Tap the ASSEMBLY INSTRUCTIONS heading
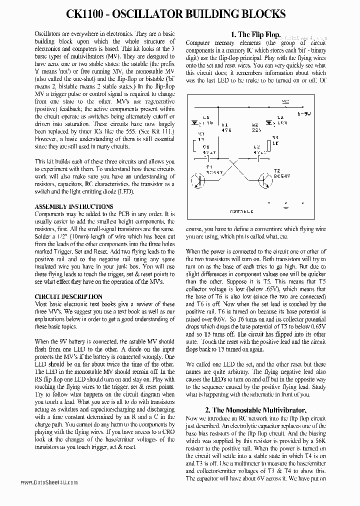(x=73, y=206)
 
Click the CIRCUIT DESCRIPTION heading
(x=68, y=296)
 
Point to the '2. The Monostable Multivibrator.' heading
(x=256, y=410)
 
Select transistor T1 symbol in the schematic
(x=200, y=180)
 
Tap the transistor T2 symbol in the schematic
(x=264, y=180)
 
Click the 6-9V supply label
(x=303, y=114)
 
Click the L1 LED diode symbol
(x=194, y=122)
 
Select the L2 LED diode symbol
(x=269, y=122)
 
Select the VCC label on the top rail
(x=285, y=101)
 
